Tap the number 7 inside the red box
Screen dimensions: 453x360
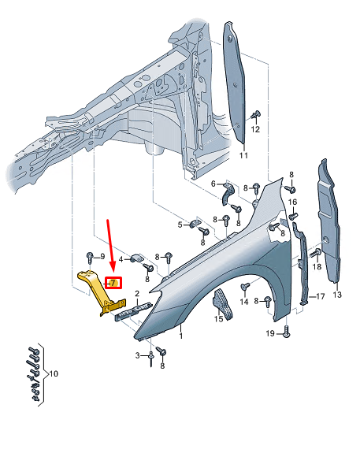coord(113,283)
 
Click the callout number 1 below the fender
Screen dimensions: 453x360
coord(180,336)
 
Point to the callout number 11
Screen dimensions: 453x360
coord(243,156)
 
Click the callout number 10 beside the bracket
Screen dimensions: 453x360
coord(54,373)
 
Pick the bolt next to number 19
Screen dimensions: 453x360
coord(286,334)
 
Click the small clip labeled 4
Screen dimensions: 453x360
coord(136,257)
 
